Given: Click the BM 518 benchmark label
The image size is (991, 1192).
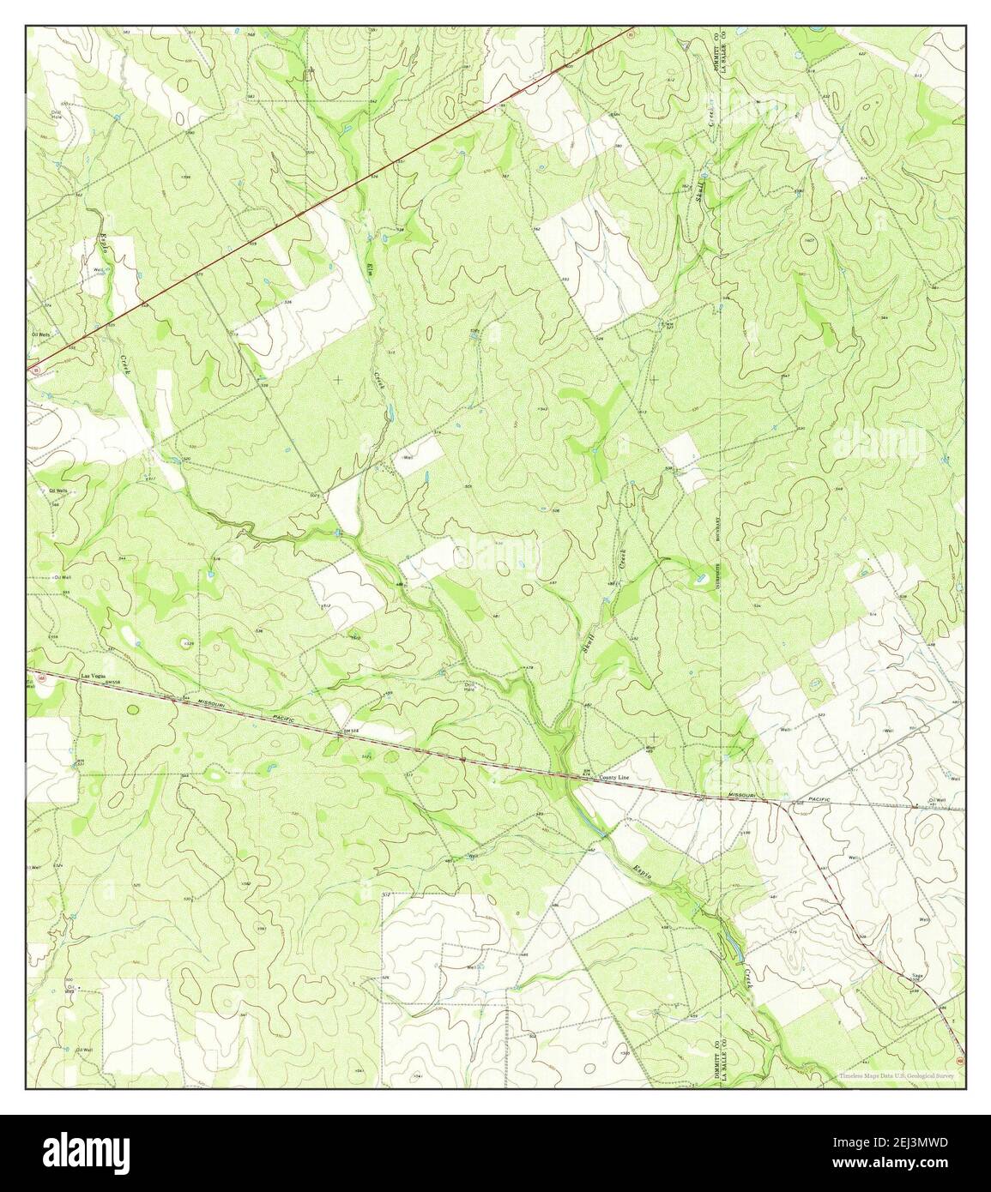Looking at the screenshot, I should coord(347,730).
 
